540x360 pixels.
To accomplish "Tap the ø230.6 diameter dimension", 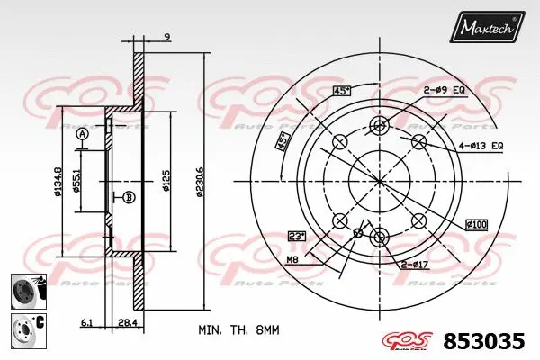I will (x=200, y=180).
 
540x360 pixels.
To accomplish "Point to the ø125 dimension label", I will (x=166, y=183).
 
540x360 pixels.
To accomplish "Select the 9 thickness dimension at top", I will (x=166, y=37).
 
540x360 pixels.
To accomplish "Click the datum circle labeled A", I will (x=83, y=134).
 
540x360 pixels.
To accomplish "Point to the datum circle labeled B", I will (x=129, y=197).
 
